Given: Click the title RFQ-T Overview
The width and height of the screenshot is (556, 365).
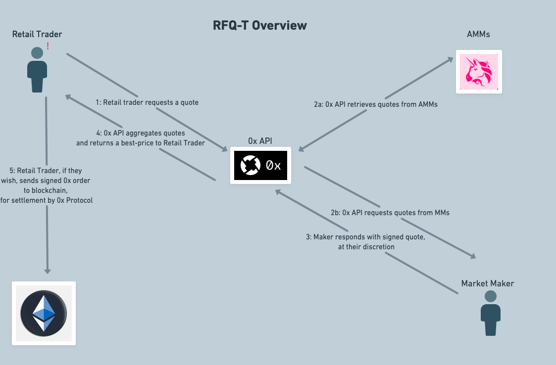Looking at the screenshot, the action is pos(259,26).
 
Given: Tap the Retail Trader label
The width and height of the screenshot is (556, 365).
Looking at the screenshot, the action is pos(37,35).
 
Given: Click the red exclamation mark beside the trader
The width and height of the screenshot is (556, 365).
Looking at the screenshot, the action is pos(48,46).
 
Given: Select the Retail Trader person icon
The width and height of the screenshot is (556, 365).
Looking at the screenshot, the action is pos(37,70).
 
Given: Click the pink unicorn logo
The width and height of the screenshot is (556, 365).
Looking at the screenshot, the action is pos(479,72).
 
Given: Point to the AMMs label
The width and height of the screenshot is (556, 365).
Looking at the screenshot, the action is pos(478,35).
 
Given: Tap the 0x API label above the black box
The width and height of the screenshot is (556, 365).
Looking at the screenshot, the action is pos(260,141).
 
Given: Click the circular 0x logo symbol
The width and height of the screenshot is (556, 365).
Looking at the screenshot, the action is pos(251,165).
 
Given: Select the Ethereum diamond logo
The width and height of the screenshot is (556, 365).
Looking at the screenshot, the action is pos(44,313).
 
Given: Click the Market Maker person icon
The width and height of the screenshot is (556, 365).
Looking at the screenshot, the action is pos(491,313).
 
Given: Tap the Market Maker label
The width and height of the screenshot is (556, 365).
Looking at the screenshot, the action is pos(488,283).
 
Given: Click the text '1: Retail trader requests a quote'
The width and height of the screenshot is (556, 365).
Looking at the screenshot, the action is pos(147,102).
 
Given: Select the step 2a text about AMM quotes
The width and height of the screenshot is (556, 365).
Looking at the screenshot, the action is pos(375,104).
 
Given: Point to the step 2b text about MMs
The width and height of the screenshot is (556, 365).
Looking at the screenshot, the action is pos(390,213).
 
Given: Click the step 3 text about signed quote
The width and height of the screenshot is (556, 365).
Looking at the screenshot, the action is pos(365,242).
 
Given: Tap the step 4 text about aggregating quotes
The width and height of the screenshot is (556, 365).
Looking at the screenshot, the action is pos(141,138).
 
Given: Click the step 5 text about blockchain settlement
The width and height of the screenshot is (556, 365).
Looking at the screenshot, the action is pos(47,185).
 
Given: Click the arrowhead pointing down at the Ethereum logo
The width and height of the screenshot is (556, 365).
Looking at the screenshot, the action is pos(47,271).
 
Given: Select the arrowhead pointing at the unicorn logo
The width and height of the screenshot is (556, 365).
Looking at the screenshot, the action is pos(450,60).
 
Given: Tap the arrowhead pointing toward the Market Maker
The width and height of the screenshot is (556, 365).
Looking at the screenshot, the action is pos(472,256).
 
